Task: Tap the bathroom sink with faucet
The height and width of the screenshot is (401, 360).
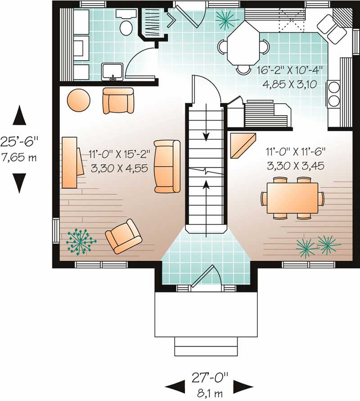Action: click(x=112, y=72)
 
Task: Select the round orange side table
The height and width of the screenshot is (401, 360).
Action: click(x=79, y=100)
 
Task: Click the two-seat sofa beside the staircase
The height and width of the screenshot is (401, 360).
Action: click(x=167, y=166)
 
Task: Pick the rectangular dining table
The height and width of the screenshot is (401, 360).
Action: click(x=292, y=198)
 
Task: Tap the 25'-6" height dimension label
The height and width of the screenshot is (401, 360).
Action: click(x=19, y=142)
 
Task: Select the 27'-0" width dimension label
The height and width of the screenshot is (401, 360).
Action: click(x=210, y=378)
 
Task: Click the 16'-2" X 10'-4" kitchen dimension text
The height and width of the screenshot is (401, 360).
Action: click(x=290, y=70)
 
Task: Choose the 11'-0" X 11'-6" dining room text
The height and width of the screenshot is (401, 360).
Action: click(x=296, y=152)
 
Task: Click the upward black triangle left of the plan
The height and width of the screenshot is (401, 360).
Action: click(x=19, y=116)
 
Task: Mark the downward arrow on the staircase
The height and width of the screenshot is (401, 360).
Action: click(x=206, y=122)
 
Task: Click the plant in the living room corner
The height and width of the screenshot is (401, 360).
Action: click(x=81, y=242)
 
